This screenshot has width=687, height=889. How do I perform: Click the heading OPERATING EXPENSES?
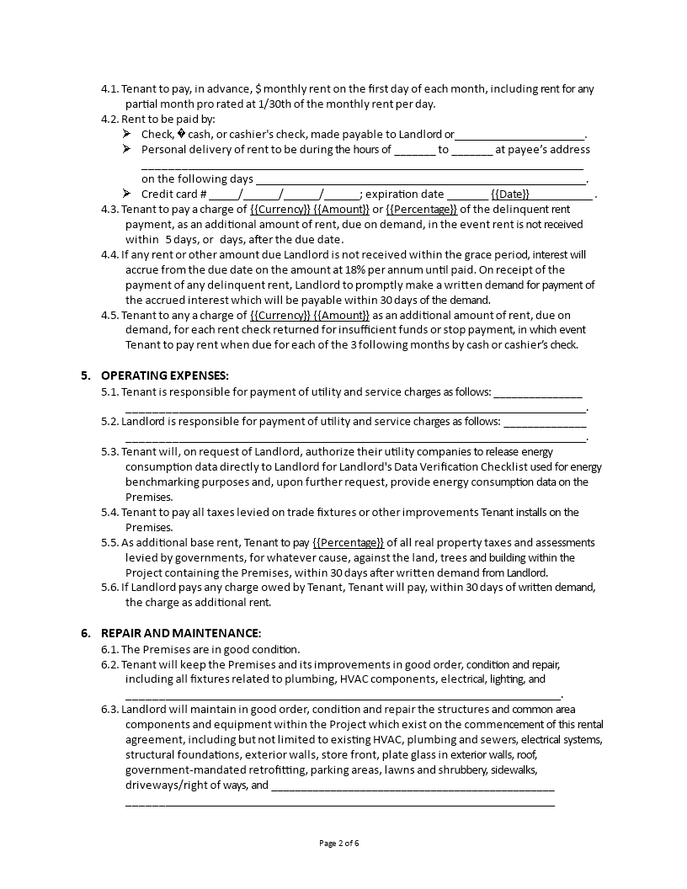coord(164,375)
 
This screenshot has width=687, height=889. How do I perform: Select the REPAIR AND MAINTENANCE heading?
coord(180,633)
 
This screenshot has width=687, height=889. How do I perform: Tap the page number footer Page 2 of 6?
coord(344,843)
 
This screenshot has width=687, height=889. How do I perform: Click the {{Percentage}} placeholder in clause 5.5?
coord(348,543)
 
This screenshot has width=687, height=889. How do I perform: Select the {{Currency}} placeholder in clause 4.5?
coord(280,315)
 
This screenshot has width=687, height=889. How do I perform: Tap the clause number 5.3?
coord(109,452)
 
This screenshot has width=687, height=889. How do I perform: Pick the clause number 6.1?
coord(109,649)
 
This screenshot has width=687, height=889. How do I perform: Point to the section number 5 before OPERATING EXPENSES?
coord(84,375)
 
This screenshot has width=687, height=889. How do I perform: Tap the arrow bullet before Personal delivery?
coord(126,149)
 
